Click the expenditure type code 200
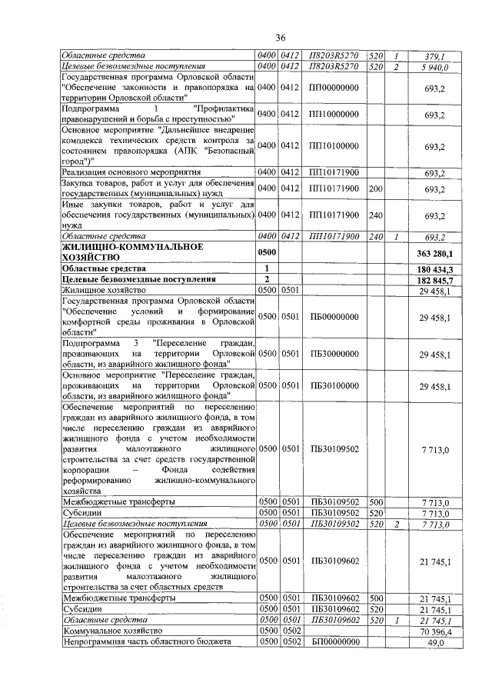click(x=376, y=188)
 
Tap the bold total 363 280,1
click(x=436, y=253)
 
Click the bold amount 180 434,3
click(x=436, y=268)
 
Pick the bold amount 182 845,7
click(x=436, y=279)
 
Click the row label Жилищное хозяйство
click(x=104, y=290)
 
